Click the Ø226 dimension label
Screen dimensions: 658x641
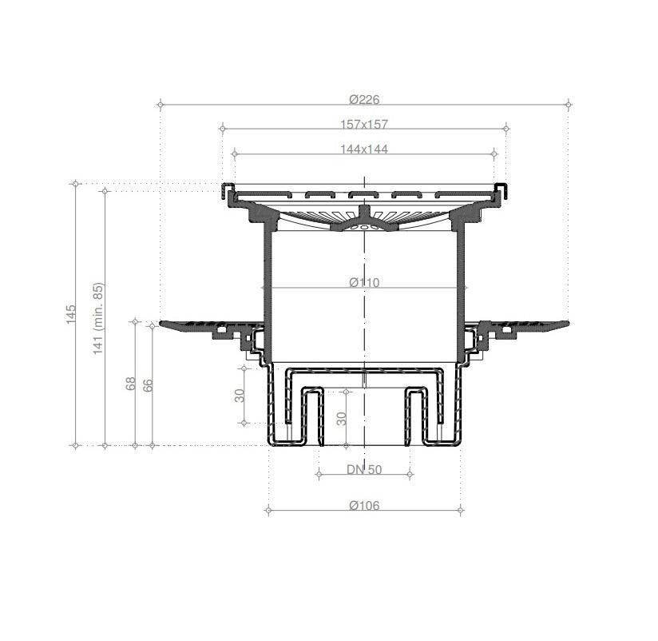pos(364,100)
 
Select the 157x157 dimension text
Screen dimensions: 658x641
pos(364,125)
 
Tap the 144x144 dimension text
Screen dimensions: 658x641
pos(364,149)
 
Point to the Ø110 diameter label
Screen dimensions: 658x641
pos(364,282)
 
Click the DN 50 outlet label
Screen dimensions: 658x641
pos(364,469)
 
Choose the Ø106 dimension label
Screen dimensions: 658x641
pos(364,505)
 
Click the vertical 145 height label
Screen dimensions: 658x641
pos(71,314)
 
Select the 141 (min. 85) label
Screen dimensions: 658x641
pos(97,318)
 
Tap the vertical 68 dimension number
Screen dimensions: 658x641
pos(131,383)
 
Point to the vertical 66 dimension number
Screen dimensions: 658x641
pos(148,385)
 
